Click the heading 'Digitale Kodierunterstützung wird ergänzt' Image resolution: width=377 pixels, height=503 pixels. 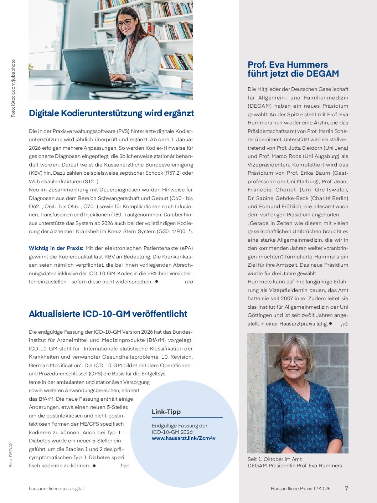pos(111,113)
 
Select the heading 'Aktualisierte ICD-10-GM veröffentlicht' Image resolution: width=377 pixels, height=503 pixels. pos(108,314)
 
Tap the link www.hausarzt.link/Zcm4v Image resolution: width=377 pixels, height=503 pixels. pos(184,438)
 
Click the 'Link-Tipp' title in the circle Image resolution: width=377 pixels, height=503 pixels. pos(166,412)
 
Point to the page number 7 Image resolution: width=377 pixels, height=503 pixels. pos(346,488)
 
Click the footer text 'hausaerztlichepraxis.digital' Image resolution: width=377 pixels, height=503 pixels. pos(56,489)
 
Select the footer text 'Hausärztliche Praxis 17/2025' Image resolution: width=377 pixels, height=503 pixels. pos(300,489)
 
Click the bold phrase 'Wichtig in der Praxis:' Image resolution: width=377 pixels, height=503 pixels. pos(56,248)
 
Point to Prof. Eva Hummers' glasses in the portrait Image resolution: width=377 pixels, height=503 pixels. pos(294,361)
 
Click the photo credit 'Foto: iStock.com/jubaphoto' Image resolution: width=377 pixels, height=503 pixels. pos(13,88)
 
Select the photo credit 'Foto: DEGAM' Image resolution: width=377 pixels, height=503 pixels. pos(11,454)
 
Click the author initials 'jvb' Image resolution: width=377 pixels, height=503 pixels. pos(345,324)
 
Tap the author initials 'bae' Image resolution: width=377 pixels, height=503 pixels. pos(125,466)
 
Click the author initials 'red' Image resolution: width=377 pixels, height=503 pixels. pos(189,282)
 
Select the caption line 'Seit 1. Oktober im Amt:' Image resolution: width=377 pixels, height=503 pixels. pos(275,459)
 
